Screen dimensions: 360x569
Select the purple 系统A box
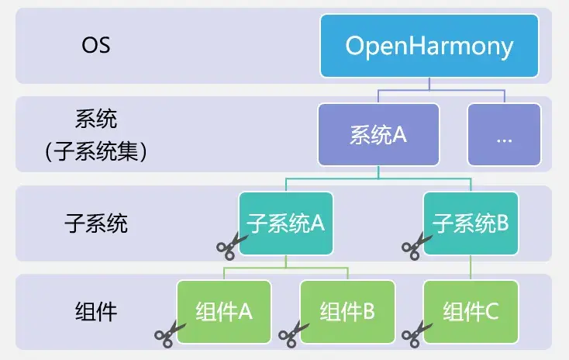378,135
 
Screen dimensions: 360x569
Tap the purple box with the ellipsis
504,135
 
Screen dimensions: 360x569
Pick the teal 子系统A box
286,223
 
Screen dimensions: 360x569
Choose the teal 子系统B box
471,223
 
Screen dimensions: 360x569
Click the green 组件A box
225,311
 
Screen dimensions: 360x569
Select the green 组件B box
347,311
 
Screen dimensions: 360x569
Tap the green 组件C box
471,311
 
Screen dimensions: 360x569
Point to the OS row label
96,45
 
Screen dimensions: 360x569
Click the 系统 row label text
96,120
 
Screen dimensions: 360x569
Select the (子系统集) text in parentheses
96,151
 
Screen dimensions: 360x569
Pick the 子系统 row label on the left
96,224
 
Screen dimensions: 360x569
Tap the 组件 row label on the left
96,312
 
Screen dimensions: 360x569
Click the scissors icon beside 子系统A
230,247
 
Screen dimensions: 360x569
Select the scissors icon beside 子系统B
415,247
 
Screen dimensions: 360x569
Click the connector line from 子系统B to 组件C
471,268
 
